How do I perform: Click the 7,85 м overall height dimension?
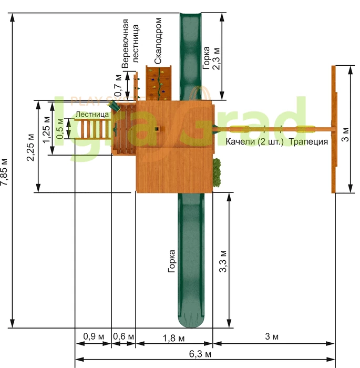(x=4, y=172)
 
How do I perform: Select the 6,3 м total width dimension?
(x=200, y=354)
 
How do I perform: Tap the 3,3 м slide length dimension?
(x=223, y=261)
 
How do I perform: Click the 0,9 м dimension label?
(x=94, y=336)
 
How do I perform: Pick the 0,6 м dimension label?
(x=124, y=336)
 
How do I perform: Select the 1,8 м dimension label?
(x=173, y=338)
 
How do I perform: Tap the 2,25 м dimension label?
(x=30, y=147)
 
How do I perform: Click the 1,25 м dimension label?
(x=46, y=129)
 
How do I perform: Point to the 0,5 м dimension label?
(x=60, y=129)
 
